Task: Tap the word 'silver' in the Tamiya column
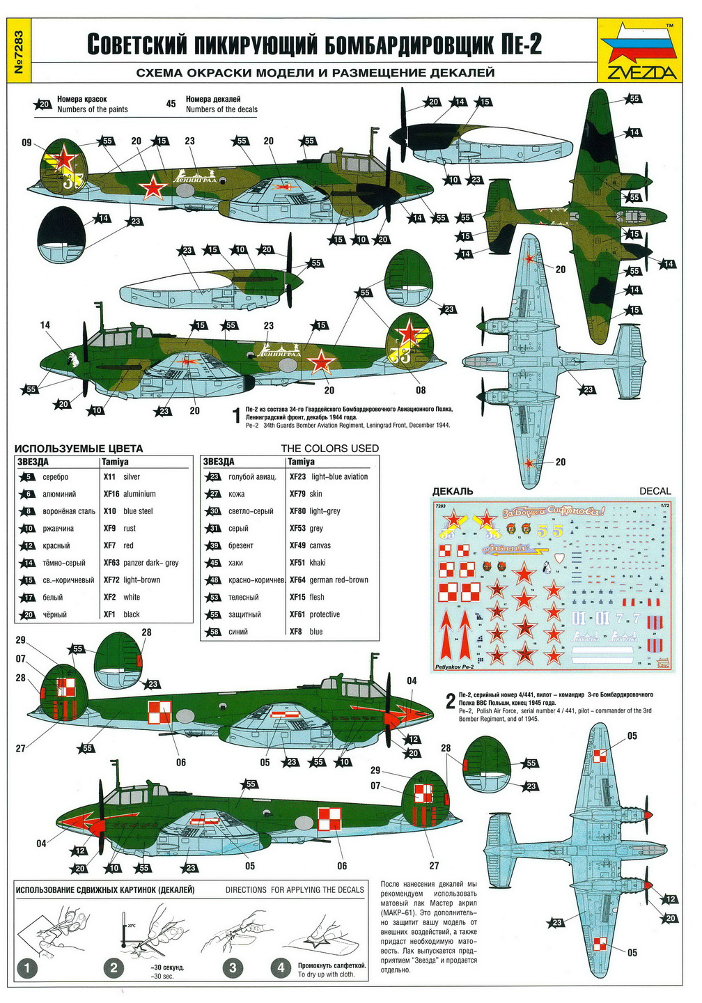click(131, 477)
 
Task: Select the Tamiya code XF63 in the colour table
click(111, 563)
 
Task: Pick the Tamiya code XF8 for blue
click(297, 632)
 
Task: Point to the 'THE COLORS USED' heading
click(329, 449)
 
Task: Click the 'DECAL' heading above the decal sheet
click(655, 491)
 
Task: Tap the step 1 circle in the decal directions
click(27, 967)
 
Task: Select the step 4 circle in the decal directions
click(281, 967)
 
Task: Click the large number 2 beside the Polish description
click(451, 701)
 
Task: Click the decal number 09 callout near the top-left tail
click(26, 143)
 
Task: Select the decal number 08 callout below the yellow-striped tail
click(421, 390)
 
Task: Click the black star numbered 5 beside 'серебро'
click(28, 477)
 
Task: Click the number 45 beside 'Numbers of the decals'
click(171, 104)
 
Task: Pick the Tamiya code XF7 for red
click(109, 545)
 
